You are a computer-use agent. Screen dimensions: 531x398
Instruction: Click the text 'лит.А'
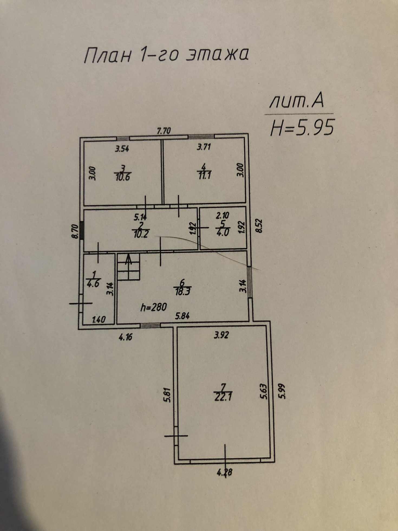tap(297, 102)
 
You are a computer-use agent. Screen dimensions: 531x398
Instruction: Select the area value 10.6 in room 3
tap(123, 177)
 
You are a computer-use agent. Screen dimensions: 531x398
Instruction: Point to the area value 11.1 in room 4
tap(204, 176)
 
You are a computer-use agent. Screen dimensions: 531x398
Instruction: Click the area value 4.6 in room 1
tap(93, 284)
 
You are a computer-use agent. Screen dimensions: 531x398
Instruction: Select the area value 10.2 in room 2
tap(141, 234)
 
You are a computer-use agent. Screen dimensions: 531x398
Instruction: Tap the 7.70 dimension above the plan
tap(164, 131)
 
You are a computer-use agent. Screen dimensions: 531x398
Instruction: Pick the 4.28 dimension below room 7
tap(224, 472)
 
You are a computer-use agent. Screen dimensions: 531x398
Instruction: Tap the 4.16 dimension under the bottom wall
tap(125, 337)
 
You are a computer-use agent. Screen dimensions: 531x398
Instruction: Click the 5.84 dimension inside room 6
tap(182, 316)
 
